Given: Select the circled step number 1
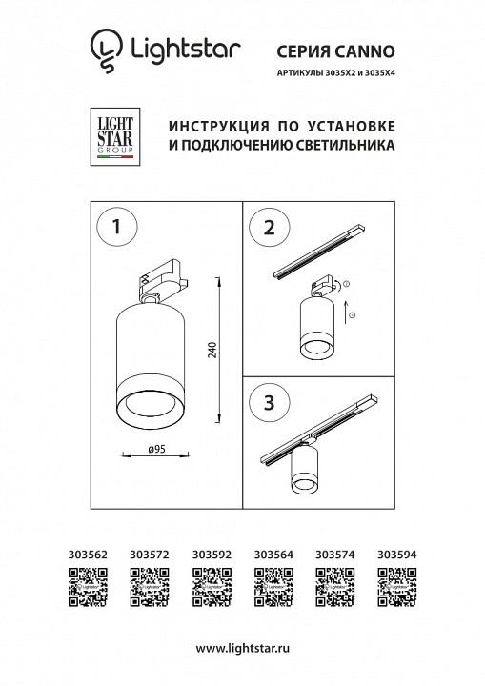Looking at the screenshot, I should pos(116,228).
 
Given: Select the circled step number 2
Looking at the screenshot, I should pos(269,228).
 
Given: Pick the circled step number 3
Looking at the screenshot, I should pos(269,401).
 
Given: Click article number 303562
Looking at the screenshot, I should pos(89,552).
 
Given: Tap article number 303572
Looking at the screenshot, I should pos(149,552).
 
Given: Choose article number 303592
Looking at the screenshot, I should pos(211,552).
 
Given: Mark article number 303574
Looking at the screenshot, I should pos(334,552).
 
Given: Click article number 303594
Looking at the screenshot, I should pos(396,552).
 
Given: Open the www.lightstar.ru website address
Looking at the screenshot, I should pos(242,648).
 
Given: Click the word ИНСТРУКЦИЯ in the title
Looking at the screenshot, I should pos(218,128).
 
